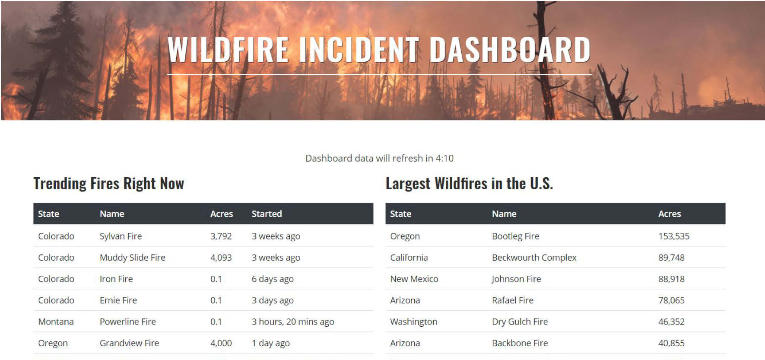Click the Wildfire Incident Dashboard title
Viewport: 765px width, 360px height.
(379, 49)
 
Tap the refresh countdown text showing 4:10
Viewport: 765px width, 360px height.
(379, 158)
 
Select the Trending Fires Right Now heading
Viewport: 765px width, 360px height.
(109, 184)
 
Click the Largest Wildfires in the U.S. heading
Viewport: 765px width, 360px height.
(469, 184)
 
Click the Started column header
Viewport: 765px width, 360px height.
(267, 214)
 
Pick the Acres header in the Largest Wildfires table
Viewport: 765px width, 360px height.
(670, 214)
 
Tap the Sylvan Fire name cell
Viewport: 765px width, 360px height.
(121, 236)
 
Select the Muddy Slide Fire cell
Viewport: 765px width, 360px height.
(133, 258)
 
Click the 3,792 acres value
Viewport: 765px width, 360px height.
(221, 236)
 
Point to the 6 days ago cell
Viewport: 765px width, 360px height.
(273, 279)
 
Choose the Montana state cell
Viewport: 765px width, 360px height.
(56, 322)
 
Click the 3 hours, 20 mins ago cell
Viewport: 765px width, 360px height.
(293, 322)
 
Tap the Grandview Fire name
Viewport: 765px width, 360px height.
(130, 343)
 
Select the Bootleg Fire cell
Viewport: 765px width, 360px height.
(516, 236)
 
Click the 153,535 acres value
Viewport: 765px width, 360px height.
(674, 236)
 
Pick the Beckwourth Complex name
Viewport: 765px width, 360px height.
(534, 258)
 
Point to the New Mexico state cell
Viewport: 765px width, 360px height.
(414, 279)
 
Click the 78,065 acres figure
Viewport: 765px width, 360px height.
(672, 300)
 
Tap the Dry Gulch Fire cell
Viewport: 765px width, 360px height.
(520, 322)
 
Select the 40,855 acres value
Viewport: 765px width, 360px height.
(672, 343)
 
